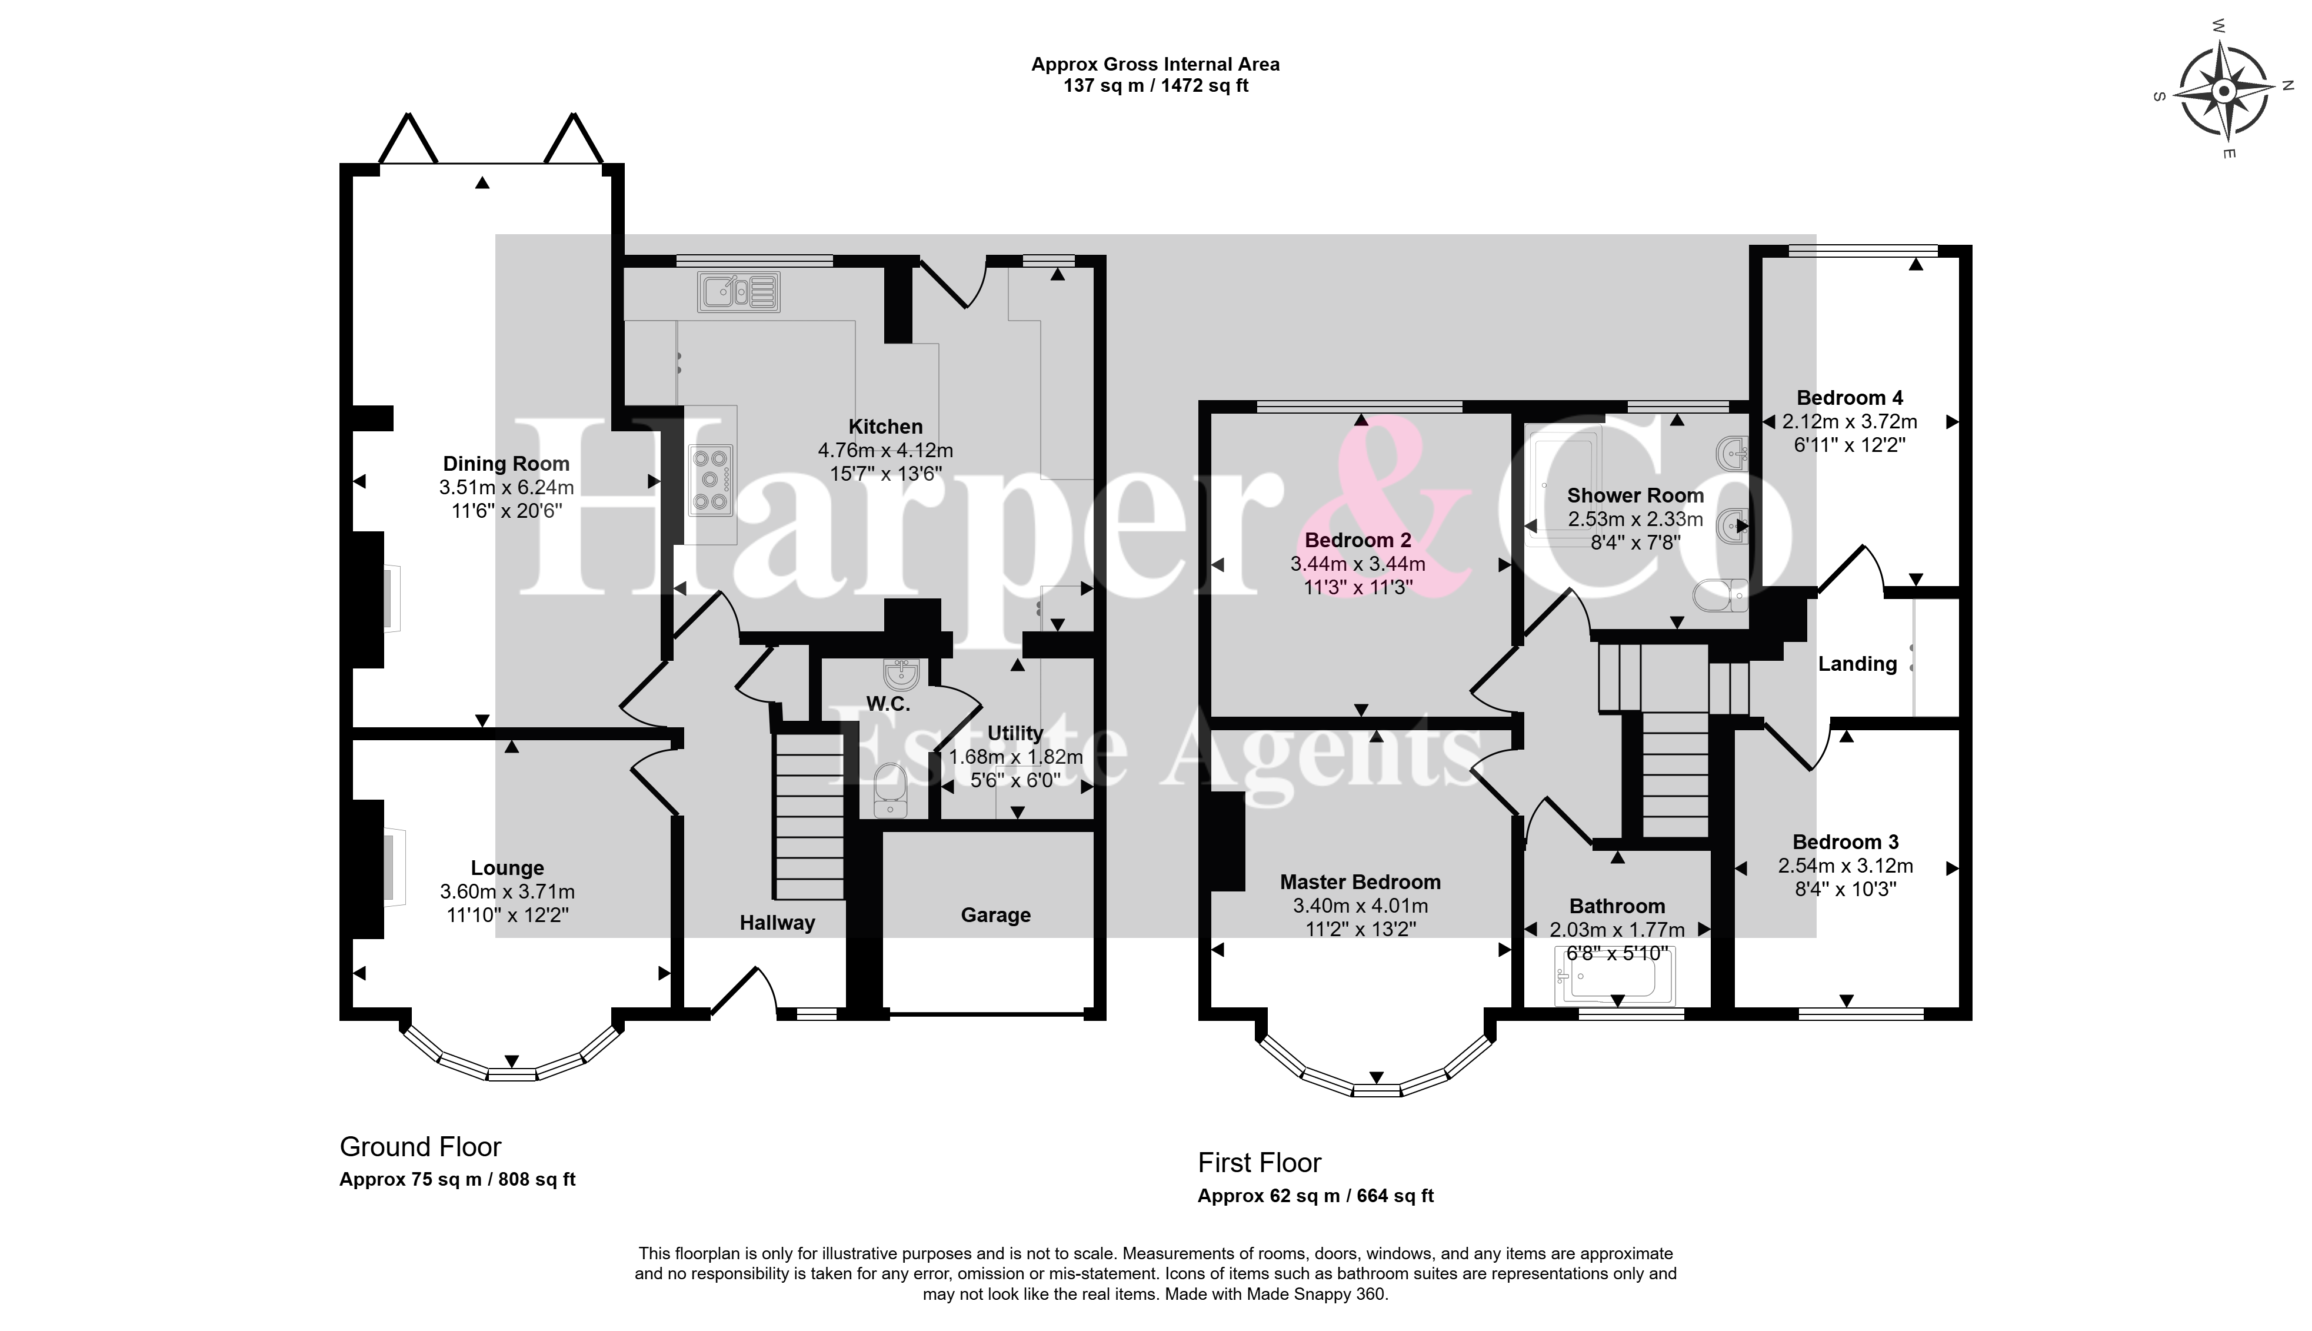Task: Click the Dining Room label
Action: coord(507,464)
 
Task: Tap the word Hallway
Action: coord(777,923)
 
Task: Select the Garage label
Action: coord(995,915)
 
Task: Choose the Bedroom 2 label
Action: coord(1358,540)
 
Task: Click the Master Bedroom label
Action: coord(1360,882)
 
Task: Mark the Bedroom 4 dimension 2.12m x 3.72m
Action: coord(1850,421)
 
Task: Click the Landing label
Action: coord(1857,664)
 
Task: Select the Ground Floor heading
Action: coord(421,1146)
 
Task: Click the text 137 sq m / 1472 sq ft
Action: coord(1155,86)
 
